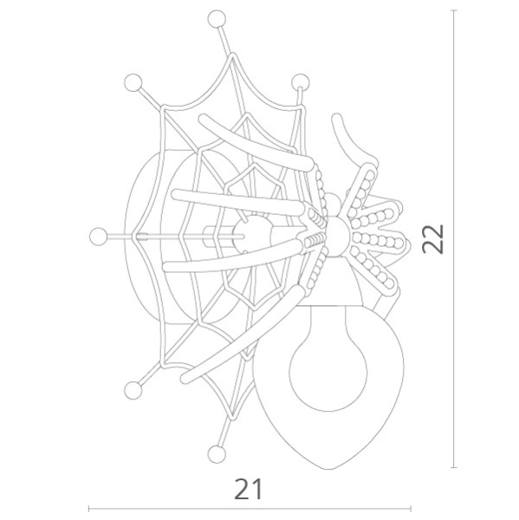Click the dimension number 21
[x=248, y=489]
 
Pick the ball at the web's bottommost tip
[x=216, y=452]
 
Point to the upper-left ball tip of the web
[x=133, y=82]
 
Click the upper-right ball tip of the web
[x=301, y=82]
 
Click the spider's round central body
[x=338, y=234]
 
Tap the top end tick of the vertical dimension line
[x=456, y=10]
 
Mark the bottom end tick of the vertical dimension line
[x=456, y=467]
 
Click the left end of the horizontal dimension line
[x=89, y=510]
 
